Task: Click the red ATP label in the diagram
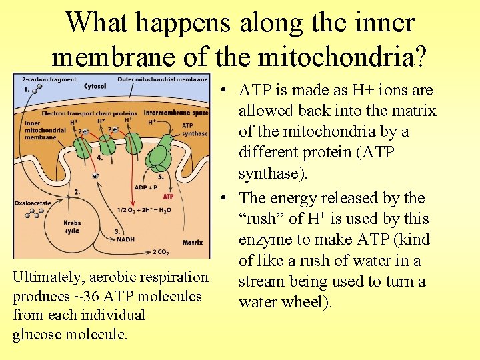[168, 197]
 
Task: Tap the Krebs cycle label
[72, 226]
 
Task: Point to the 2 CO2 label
[161, 252]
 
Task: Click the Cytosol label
[95, 86]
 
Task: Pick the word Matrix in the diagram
[192, 243]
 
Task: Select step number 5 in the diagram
[160, 177]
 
